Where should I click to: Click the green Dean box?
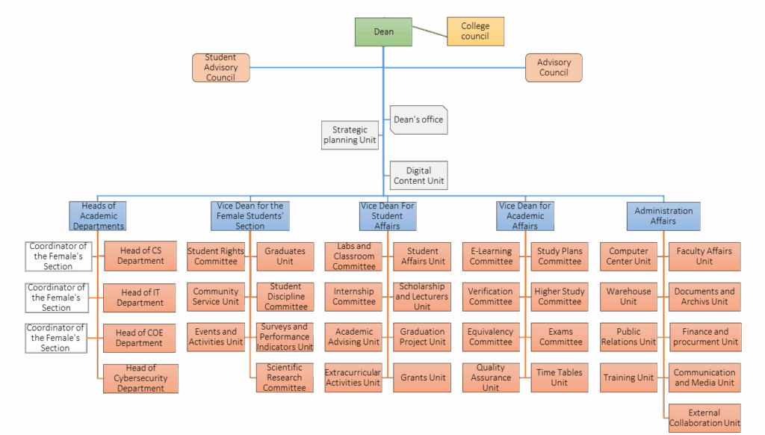pyautogui.click(x=383, y=31)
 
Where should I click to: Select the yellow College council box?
pyautogui.click(x=475, y=31)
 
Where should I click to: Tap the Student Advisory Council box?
pyautogui.click(x=220, y=67)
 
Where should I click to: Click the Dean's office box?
pyautogui.click(x=418, y=120)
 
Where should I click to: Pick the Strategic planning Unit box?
pyautogui.click(x=350, y=135)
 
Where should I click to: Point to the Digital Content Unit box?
pyautogui.click(x=419, y=176)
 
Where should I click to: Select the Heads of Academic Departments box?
pyautogui.click(x=98, y=216)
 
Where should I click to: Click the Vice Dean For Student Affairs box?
pyautogui.click(x=387, y=216)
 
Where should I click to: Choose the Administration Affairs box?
pyautogui.click(x=663, y=216)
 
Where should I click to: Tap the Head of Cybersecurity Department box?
pyautogui.click(x=140, y=378)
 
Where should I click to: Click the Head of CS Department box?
pyautogui.click(x=140, y=256)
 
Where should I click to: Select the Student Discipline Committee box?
pyautogui.click(x=285, y=297)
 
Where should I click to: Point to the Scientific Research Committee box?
pyautogui.click(x=285, y=377)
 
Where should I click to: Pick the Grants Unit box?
pyautogui.click(x=422, y=377)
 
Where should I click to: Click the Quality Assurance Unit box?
pyautogui.click(x=491, y=377)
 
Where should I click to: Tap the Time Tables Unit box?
pyautogui.click(x=560, y=377)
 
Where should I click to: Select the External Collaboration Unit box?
pyautogui.click(x=704, y=418)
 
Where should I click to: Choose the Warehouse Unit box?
pyautogui.click(x=628, y=297)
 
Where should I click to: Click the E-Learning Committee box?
pyautogui.click(x=491, y=256)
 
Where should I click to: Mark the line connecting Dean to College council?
pyautogui.click(x=430, y=31)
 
